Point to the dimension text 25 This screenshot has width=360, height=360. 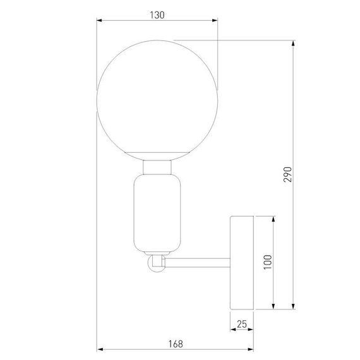pyautogui.click(x=241, y=324)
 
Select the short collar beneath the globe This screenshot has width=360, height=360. pyautogui.click(x=157, y=167)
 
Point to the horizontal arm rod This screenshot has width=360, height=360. pyautogui.click(x=197, y=259)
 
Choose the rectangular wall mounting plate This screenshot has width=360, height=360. pyautogui.click(x=241, y=262)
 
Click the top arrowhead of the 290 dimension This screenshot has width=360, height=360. pyautogui.click(x=294, y=45)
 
